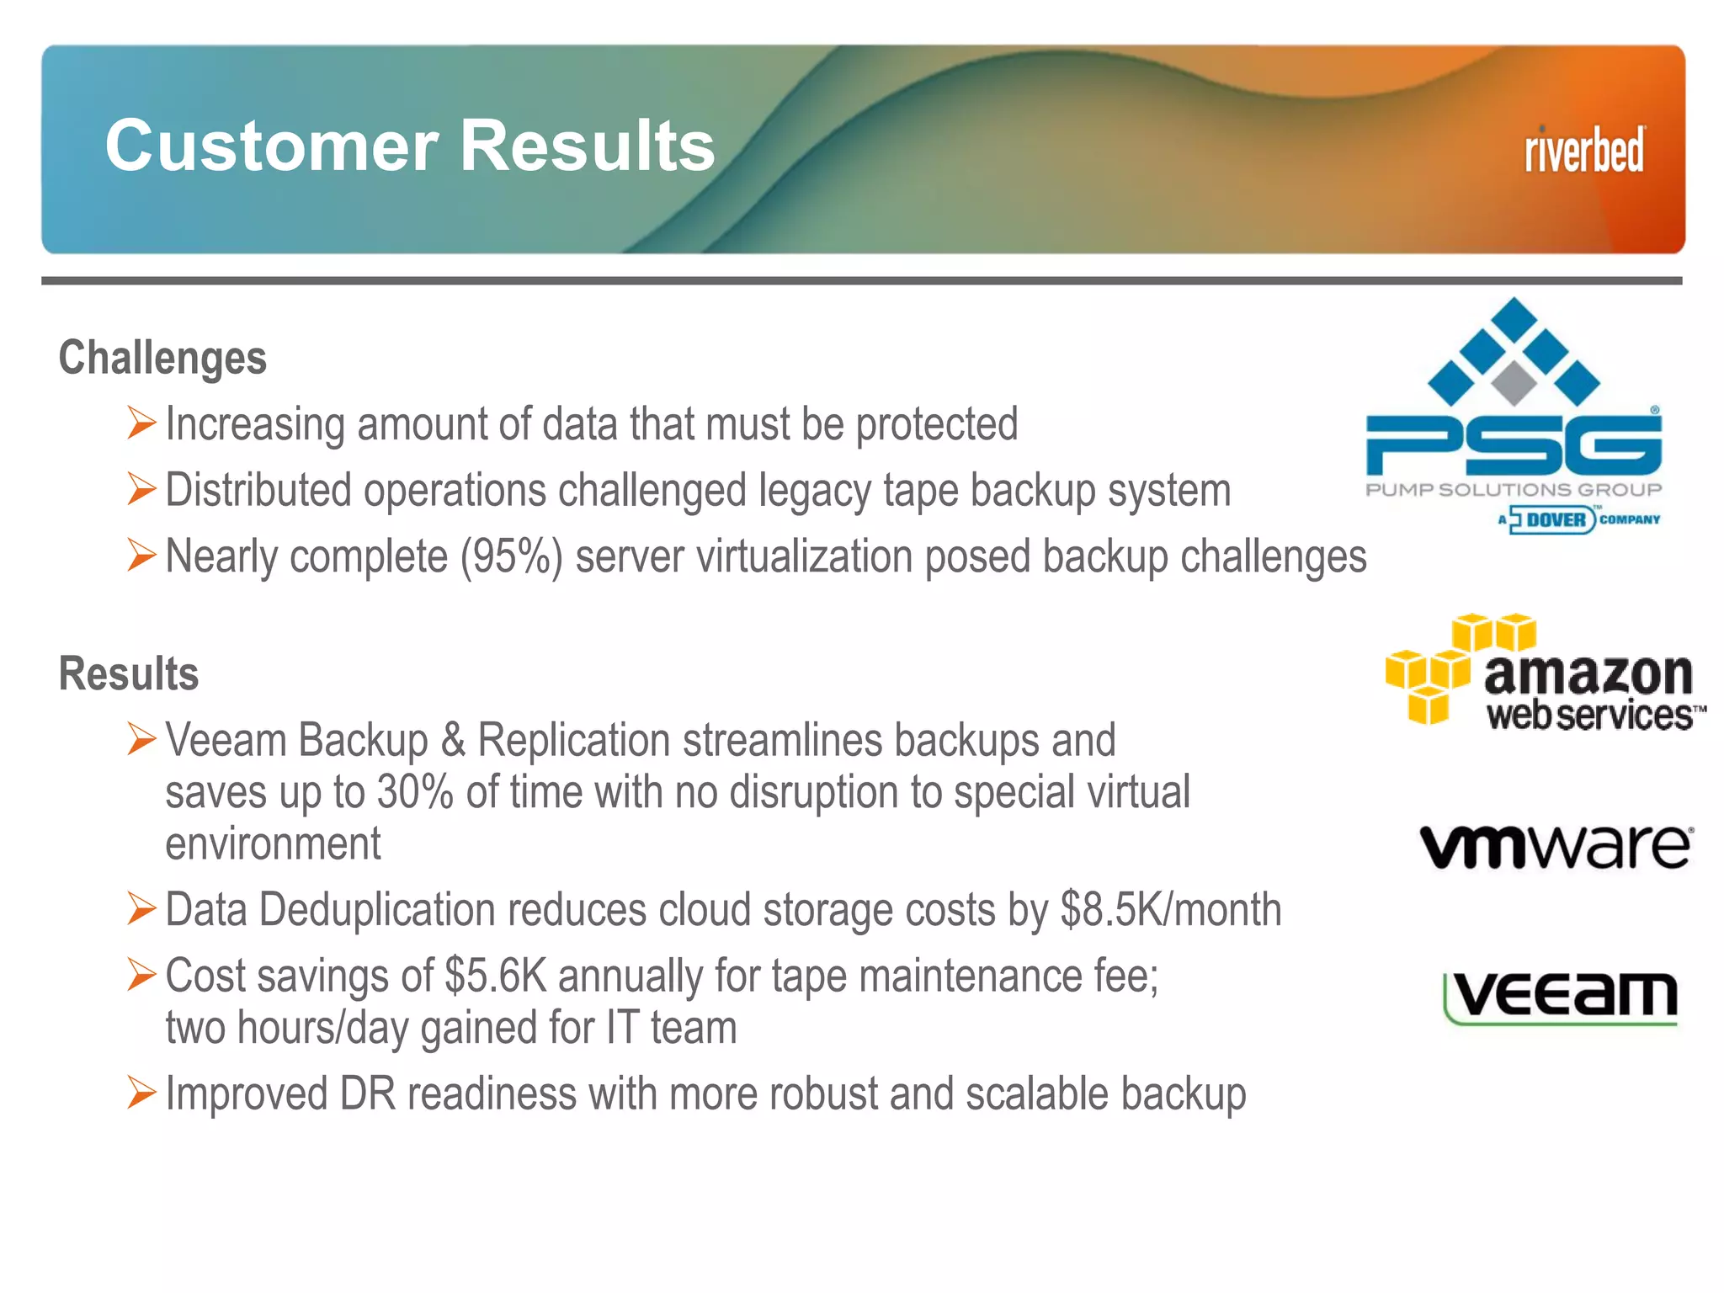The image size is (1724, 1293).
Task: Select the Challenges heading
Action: (x=162, y=358)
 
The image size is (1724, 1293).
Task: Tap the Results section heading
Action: (x=129, y=674)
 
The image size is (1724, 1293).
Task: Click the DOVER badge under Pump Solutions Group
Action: (x=1553, y=519)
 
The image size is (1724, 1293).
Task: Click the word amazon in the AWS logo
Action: (x=1588, y=674)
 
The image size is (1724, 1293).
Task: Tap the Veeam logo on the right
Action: (x=1562, y=998)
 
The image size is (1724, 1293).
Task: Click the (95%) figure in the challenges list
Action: (x=511, y=557)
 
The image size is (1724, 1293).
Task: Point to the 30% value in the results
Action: (x=415, y=792)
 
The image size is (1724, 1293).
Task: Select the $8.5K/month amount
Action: (x=1170, y=910)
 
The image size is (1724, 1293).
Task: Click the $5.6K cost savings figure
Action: (x=496, y=976)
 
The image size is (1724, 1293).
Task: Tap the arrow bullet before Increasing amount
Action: (x=141, y=423)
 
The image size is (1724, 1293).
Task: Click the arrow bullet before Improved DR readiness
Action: (x=141, y=1093)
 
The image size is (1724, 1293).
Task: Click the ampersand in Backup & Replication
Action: (x=453, y=741)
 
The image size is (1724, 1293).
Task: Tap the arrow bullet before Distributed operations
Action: (x=141, y=489)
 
